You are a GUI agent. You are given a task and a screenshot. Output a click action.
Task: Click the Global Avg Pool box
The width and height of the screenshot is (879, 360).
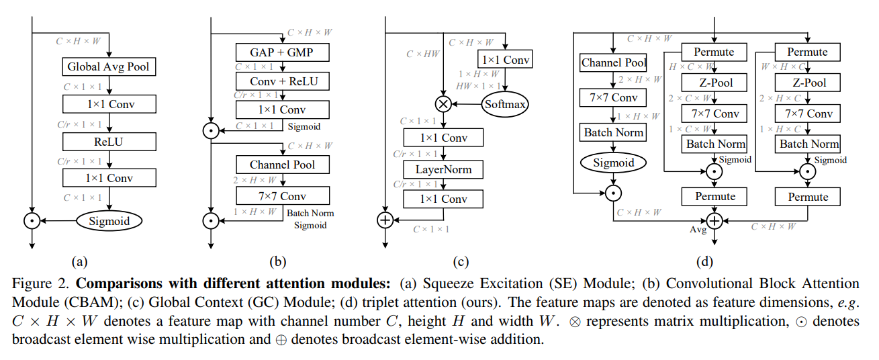click(x=109, y=66)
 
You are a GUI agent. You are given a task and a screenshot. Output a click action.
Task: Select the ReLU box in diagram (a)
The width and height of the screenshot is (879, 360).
click(x=109, y=142)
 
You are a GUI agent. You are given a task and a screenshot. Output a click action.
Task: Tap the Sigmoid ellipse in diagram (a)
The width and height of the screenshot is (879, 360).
click(x=109, y=221)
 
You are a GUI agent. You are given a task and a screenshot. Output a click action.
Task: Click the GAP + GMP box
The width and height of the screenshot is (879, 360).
click(x=283, y=52)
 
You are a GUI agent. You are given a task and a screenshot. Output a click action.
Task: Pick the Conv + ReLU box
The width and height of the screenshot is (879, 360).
click(x=283, y=81)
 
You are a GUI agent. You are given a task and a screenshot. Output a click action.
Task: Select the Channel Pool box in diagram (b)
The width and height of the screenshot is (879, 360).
click(x=283, y=165)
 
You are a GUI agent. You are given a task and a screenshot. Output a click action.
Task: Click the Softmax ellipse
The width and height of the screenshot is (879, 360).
click(x=505, y=104)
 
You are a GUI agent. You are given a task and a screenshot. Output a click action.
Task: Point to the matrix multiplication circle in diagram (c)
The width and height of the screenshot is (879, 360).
click(x=443, y=104)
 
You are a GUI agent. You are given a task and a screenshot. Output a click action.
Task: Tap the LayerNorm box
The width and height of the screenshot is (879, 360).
click(x=443, y=170)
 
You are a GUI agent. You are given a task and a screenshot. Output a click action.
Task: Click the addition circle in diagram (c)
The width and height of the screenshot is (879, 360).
click(x=385, y=220)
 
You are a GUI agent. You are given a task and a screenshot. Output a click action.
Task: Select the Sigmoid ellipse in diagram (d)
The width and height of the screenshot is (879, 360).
click(x=613, y=163)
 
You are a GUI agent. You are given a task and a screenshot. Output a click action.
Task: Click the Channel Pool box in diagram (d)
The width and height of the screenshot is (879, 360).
click(x=613, y=63)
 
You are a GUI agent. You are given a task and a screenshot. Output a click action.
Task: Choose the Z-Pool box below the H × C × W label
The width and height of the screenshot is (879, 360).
click(x=714, y=83)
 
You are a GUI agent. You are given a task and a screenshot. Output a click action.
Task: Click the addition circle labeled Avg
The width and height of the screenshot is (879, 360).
click(x=714, y=221)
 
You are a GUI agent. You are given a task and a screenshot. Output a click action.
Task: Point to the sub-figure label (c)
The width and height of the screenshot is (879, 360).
click(x=461, y=262)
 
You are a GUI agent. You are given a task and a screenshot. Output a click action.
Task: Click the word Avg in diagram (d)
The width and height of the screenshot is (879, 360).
click(x=698, y=230)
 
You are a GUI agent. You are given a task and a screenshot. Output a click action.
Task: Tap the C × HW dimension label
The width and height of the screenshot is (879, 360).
click(x=423, y=54)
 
